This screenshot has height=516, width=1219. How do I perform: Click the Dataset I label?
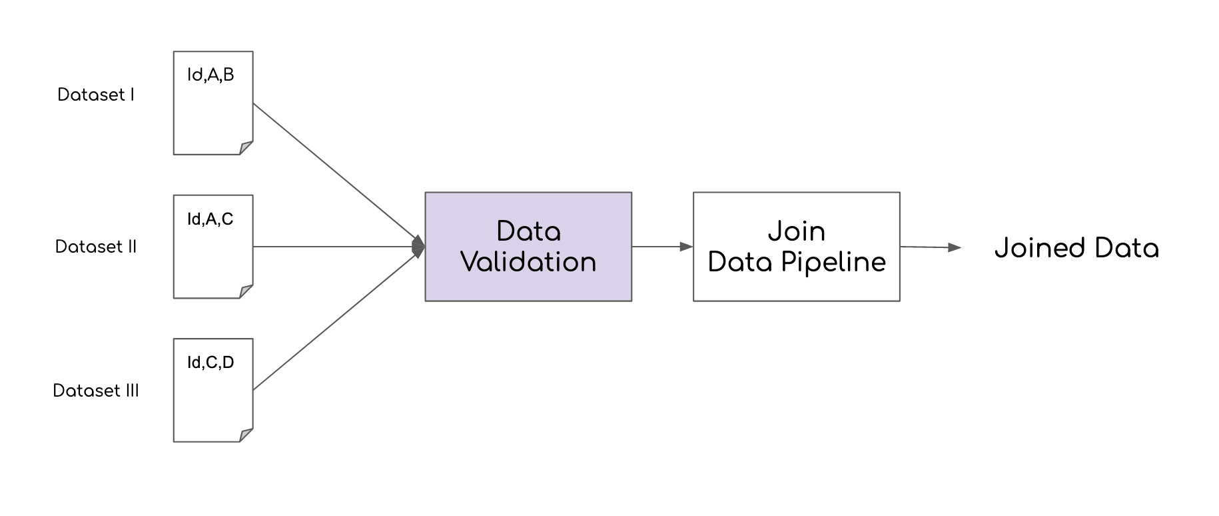(x=96, y=95)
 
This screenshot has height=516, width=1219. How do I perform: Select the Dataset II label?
(x=96, y=247)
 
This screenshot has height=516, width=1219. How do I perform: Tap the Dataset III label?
(x=96, y=391)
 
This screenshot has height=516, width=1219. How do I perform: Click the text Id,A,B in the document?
(x=210, y=75)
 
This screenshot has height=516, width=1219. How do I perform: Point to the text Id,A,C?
(x=210, y=219)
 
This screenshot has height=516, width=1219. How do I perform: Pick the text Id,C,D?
(x=210, y=363)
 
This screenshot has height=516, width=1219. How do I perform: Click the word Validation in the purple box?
(x=528, y=262)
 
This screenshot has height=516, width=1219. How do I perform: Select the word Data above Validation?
(x=528, y=231)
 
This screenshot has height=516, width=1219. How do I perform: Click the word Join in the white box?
(x=797, y=231)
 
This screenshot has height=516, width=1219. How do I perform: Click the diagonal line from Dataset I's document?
(x=333, y=172)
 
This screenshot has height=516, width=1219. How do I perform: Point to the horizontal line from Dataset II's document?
(x=333, y=247)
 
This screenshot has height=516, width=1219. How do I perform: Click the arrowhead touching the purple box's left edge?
(x=419, y=247)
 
